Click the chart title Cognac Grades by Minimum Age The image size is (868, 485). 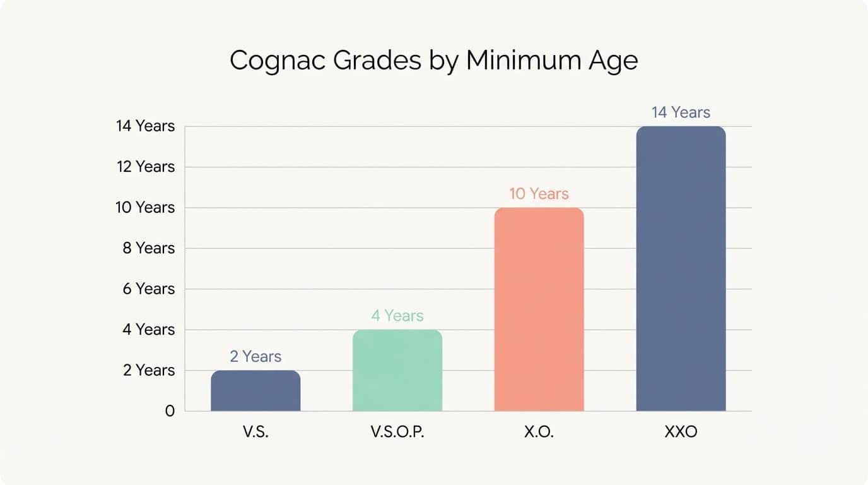[433, 61]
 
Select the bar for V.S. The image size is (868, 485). [255, 391]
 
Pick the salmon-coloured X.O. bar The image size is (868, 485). [539, 309]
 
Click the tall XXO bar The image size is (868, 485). [681, 268]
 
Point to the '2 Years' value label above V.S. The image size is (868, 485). [255, 357]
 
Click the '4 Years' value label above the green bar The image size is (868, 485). [397, 316]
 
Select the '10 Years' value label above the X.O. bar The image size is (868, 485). [539, 194]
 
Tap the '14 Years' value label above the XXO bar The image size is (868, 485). [681, 112]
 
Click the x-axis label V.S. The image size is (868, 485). [255, 434]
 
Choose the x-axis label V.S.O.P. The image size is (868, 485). [397, 434]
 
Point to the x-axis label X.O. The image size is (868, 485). [539, 434]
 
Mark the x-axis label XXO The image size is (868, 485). [681, 434]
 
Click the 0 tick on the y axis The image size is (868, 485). [169, 411]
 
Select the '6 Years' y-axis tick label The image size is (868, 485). [149, 289]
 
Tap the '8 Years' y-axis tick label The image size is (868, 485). [149, 248]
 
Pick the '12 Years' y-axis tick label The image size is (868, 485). [146, 167]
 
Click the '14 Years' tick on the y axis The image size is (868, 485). [146, 126]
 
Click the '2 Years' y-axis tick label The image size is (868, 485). [149, 370]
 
